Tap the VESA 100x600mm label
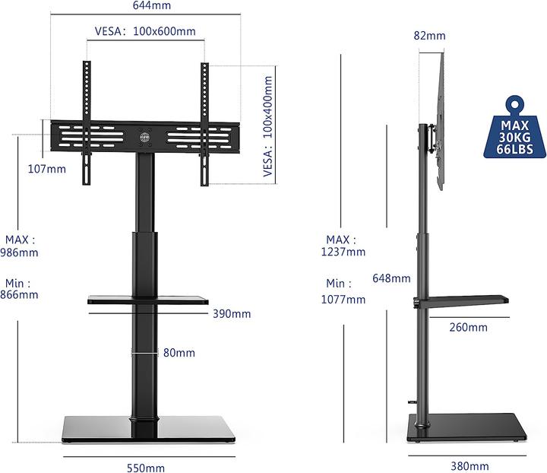pyautogui.click(x=145, y=32)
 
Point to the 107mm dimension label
pyautogui.click(x=46, y=169)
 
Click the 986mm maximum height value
pyautogui.click(x=18, y=252)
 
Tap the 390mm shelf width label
pyautogui.click(x=232, y=313)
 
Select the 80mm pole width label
pyautogui.click(x=179, y=353)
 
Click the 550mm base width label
pyautogui.click(x=146, y=468)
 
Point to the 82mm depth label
pyautogui.click(x=430, y=36)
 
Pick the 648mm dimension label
pyautogui.click(x=392, y=278)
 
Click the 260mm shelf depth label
pyautogui.click(x=468, y=328)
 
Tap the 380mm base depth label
pyautogui.click(x=470, y=466)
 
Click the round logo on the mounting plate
pyautogui.click(x=145, y=139)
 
